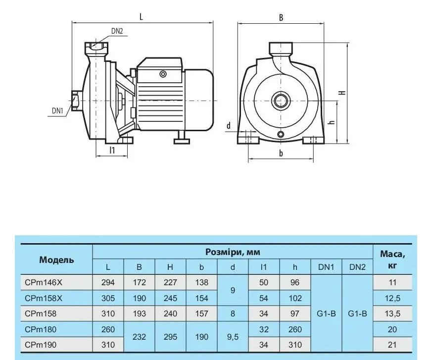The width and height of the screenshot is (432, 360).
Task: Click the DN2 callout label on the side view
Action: (117, 31)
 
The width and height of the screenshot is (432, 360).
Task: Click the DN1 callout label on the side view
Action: (57, 111)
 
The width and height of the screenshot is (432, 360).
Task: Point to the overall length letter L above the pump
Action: (141, 17)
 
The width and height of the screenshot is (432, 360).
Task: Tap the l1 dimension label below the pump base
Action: (112, 150)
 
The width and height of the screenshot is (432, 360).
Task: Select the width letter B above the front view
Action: (281, 18)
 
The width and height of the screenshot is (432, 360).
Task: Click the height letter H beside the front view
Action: (342, 92)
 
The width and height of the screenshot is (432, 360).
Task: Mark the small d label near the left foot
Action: (229, 126)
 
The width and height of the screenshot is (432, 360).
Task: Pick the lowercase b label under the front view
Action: (281, 153)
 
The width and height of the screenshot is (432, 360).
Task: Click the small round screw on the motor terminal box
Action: (163, 74)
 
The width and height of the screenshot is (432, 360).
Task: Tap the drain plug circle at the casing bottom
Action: (281, 135)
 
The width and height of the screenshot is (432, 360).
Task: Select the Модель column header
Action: (56, 259)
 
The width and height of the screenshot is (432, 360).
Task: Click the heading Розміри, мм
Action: (233, 252)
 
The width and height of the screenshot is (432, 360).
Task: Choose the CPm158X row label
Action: (44, 298)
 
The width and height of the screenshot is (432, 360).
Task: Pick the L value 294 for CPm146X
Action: (108, 283)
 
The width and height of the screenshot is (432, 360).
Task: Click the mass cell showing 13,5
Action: (392, 313)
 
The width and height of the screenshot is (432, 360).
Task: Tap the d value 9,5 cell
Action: (233, 337)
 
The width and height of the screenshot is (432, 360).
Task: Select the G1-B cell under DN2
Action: (357, 313)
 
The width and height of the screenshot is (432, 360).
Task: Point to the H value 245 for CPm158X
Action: (170, 298)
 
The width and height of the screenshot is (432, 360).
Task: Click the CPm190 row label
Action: (41, 345)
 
